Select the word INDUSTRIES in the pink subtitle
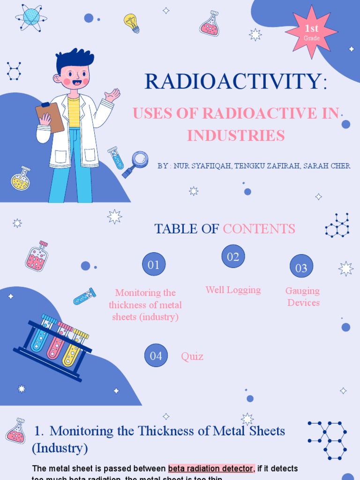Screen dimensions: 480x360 pyautogui.click(x=236, y=135)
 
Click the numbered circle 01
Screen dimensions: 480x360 pyautogui.click(x=154, y=265)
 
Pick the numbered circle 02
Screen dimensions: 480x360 pyautogui.click(x=233, y=256)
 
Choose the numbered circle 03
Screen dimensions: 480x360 pyautogui.click(x=301, y=268)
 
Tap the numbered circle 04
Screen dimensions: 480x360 pyautogui.click(x=156, y=356)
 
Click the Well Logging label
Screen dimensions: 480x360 pyautogui.click(x=233, y=290)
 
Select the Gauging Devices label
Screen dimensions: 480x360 pyautogui.click(x=303, y=297)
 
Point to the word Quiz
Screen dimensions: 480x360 pyautogui.click(x=192, y=356)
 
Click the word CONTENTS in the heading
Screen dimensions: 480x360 pyautogui.click(x=259, y=229)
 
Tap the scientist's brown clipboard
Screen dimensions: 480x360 pyautogui.click(x=50, y=117)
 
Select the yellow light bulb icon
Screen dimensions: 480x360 pyautogui.click(x=132, y=22)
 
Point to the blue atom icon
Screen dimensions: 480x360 pyautogui.click(x=31, y=17)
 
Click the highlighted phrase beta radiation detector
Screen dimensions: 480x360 pyautogui.click(x=211, y=468)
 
